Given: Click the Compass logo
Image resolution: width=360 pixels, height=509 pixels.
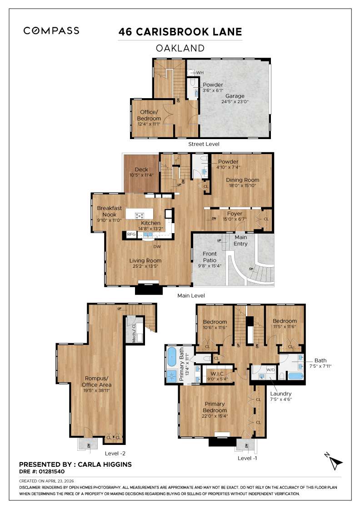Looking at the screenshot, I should (51, 31).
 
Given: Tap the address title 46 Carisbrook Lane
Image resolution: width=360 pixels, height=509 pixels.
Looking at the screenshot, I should (180, 32).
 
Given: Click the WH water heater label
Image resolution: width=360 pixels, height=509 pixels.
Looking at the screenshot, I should (200, 72).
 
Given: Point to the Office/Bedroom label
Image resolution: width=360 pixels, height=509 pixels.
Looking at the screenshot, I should (149, 115).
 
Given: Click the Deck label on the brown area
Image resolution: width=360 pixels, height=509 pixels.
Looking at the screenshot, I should (141, 170).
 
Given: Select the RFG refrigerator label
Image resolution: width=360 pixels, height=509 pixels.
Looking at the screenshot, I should (131, 235).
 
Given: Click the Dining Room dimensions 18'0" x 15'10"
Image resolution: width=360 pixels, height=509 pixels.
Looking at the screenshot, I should (242, 185).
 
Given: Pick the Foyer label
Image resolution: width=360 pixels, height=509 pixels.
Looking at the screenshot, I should (235, 214).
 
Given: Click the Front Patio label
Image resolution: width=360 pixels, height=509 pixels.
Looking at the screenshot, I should (210, 257).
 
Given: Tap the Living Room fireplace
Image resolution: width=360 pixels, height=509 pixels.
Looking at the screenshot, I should (148, 289).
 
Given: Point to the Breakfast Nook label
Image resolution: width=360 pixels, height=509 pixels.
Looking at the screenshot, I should (109, 211).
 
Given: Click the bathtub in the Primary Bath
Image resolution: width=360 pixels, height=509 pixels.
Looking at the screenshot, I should (171, 357).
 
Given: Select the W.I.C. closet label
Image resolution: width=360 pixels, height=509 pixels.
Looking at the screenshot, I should (215, 374).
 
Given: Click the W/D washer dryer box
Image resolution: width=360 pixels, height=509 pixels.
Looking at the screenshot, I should (271, 369).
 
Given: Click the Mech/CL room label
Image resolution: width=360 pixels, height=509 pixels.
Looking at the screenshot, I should (134, 334).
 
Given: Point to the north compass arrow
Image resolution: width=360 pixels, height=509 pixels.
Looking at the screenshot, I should (335, 463).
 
